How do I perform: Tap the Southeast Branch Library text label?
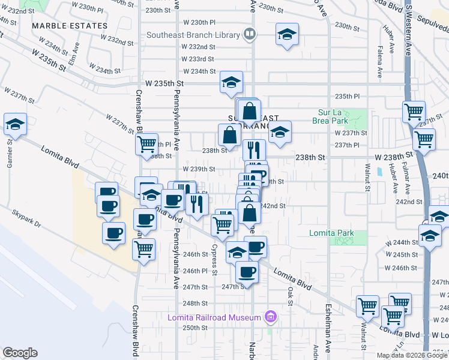click(x=193, y=35)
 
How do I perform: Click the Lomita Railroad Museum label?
click(x=214, y=317)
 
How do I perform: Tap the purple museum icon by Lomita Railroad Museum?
click(x=271, y=317)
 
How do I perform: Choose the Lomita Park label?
click(x=331, y=233)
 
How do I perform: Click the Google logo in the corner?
click(x=20, y=353)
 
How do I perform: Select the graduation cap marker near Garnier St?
click(x=15, y=125)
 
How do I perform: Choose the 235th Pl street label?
click(x=347, y=96)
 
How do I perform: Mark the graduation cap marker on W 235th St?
click(x=231, y=83)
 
